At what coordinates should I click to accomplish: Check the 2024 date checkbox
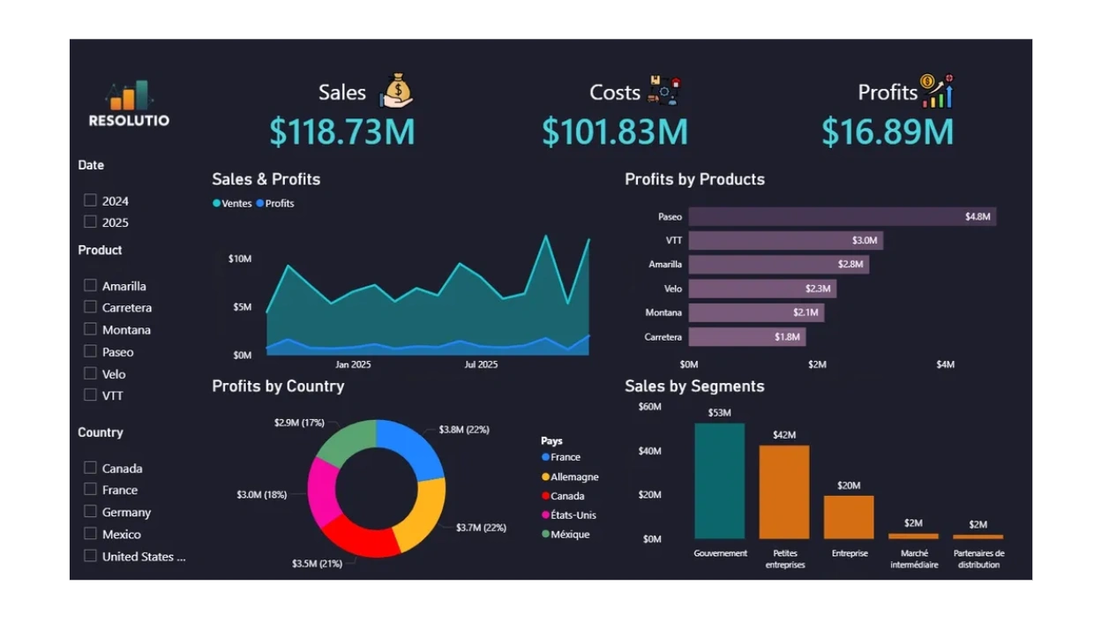pyautogui.click(x=90, y=200)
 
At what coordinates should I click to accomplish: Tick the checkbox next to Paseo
pyautogui.click(x=90, y=351)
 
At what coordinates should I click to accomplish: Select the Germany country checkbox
pyautogui.click(x=90, y=511)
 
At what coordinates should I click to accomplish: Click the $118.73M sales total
pyautogui.click(x=342, y=132)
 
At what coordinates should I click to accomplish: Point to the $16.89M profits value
pyautogui.click(x=888, y=132)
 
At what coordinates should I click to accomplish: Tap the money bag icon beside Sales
pyautogui.click(x=397, y=91)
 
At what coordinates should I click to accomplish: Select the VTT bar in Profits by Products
pyautogui.click(x=785, y=241)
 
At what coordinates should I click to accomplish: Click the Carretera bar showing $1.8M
pyautogui.click(x=746, y=337)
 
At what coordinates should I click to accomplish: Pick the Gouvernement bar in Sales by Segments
pyautogui.click(x=719, y=481)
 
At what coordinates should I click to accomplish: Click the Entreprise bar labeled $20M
pyautogui.click(x=849, y=517)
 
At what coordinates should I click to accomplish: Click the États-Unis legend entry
pyautogui.click(x=573, y=514)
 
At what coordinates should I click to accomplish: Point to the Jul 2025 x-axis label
pyautogui.click(x=481, y=364)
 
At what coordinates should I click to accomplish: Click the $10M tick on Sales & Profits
pyautogui.click(x=240, y=259)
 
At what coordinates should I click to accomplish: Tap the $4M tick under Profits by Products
pyautogui.click(x=945, y=364)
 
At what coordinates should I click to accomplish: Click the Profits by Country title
pyautogui.click(x=278, y=386)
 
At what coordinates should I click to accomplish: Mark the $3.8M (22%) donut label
pyautogui.click(x=464, y=430)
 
